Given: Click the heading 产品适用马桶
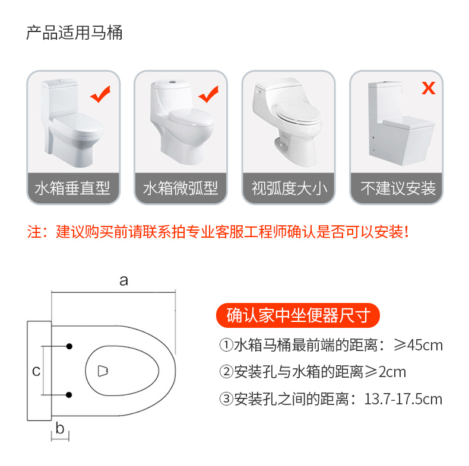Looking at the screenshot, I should tap(74, 33).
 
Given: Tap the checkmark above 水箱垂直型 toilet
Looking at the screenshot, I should tap(100, 93).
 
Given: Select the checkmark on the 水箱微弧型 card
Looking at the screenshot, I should tap(208, 93).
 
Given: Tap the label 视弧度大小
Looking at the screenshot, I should tap(289, 189).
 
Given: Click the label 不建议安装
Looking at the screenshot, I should tap(398, 189).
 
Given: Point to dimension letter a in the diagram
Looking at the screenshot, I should tap(123, 280).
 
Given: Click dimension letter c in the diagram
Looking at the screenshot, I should tap(36, 371).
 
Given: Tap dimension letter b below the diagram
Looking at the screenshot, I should tap(59, 428).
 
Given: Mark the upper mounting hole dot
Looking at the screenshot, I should tap(69, 346).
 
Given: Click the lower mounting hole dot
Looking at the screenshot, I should tap(69, 395).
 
